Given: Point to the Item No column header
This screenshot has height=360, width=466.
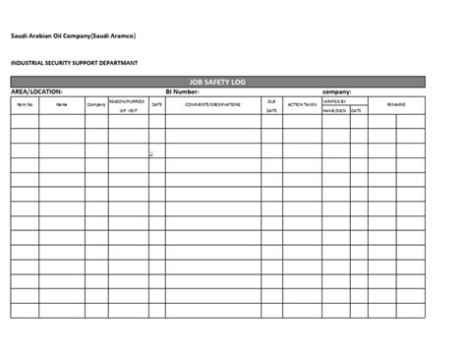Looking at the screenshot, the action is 25,103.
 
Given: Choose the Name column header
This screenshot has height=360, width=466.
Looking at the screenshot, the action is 62,103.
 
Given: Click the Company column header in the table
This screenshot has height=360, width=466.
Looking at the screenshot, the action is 96,103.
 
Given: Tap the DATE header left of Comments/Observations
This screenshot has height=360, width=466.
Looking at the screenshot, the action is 156,103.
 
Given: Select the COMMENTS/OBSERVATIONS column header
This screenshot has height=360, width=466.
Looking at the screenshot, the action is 212,103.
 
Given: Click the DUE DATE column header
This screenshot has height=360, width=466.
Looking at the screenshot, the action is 270,105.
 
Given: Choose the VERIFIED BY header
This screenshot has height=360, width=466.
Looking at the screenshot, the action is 335,99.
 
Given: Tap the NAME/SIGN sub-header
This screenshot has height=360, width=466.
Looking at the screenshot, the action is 335,111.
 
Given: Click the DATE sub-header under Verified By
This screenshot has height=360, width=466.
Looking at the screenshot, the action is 356,111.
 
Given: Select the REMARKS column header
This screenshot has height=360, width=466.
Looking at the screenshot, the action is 396,103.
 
